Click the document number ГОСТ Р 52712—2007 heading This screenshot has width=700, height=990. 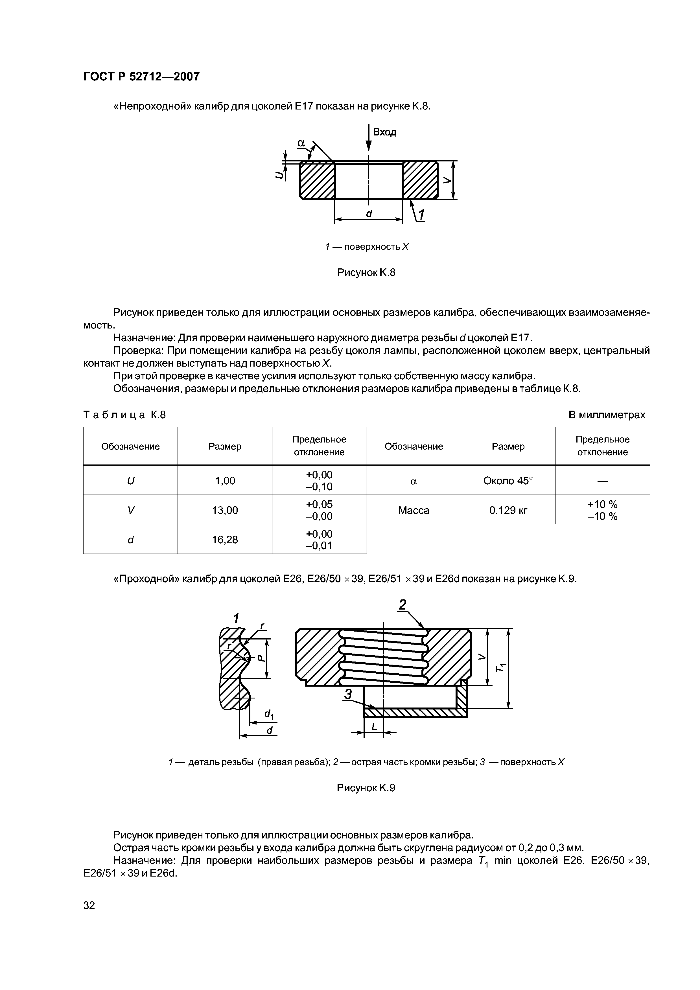[141, 77]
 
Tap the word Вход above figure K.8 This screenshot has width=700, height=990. [384, 132]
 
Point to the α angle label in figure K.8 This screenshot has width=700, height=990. [301, 143]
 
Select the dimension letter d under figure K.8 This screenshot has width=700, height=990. [369, 214]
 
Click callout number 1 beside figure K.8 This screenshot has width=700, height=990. [421, 215]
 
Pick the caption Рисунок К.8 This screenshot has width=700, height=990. [366, 273]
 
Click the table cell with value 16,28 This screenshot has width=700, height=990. [225, 539]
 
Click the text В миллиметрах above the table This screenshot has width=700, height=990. [606, 415]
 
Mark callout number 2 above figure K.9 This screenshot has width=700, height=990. [403, 605]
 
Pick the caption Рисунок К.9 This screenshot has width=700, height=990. [366, 788]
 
